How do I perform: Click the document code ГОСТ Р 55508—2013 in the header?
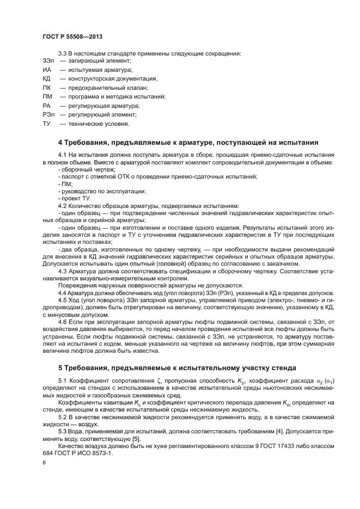click(x=72, y=36)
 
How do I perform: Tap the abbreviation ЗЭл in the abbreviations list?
click(x=48, y=62)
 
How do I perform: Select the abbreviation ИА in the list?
click(x=47, y=70)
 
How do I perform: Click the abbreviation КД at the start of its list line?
click(x=47, y=79)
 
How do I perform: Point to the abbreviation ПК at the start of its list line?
click(x=47, y=88)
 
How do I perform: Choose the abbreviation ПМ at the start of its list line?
click(x=47, y=96)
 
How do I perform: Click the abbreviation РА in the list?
click(x=47, y=106)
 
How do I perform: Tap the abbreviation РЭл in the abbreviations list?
click(x=48, y=114)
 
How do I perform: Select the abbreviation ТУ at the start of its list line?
click(x=46, y=123)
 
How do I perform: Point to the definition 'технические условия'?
click(x=99, y=123)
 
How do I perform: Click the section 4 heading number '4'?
click(x=60, y=143)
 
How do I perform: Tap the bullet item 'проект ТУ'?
click(x=74, y=199)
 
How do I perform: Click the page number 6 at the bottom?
click(x=44, y=462)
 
